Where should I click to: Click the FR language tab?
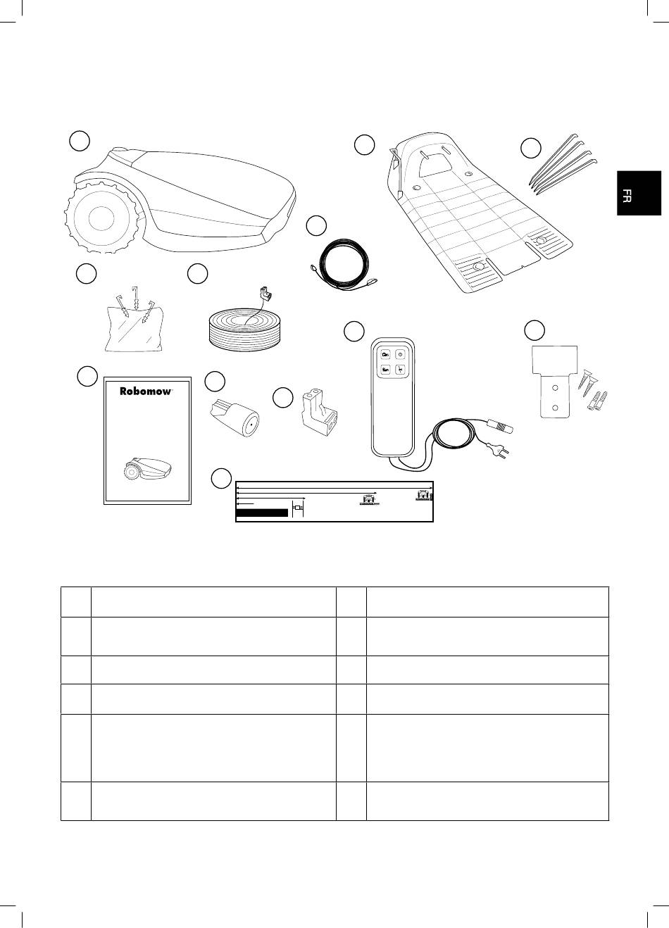tap(639, 193)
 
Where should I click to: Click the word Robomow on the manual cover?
tap(145, 391)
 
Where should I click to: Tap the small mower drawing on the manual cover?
tap(147, 468)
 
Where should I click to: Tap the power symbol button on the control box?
tap(400, 354)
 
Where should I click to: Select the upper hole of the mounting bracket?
tap(554, 387)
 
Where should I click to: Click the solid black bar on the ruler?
tap(262, 513)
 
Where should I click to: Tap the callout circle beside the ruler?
tap(221, 478)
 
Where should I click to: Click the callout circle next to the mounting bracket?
tap(534, 330)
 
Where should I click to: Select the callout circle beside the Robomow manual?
tap(87, 376)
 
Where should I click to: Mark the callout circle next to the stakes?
tap(531, 148)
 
